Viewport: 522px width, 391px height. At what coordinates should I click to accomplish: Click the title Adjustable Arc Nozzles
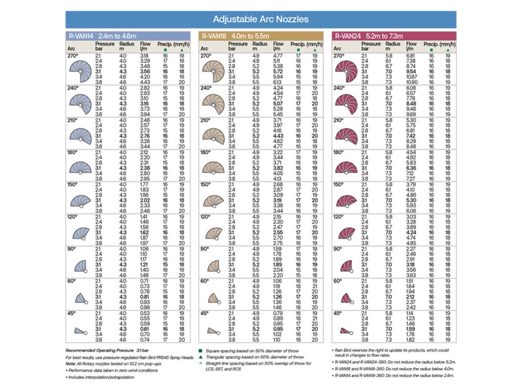pos(260,20)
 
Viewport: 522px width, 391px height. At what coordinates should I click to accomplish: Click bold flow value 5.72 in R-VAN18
pos(279,72)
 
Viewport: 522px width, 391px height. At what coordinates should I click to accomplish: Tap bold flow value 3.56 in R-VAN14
pos(144,72)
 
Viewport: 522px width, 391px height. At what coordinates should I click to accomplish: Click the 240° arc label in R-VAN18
pos(206,88)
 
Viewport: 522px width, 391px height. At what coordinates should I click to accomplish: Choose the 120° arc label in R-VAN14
pos(73,216)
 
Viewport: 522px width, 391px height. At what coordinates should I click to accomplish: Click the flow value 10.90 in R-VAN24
pos(412,81)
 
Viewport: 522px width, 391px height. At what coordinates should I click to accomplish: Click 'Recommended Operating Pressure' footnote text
pos(97,350)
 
